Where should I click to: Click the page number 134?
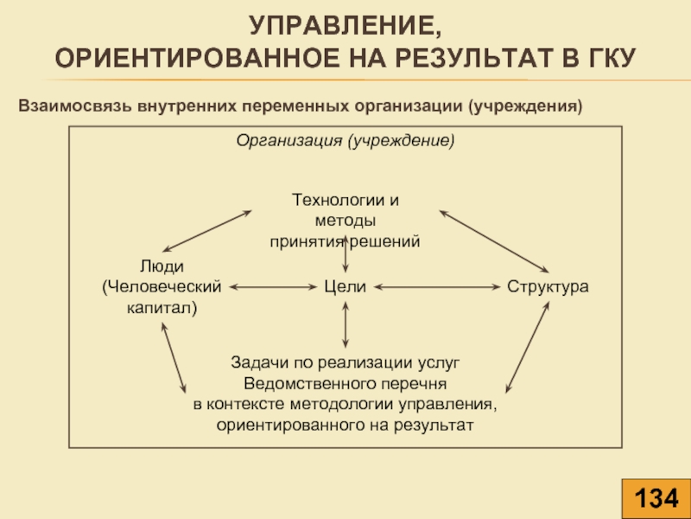coord(656,499)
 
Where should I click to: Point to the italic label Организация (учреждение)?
coord(345,141)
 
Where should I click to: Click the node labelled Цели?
coord(345,287)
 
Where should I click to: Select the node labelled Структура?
coord(548,287)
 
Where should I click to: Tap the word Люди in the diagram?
coord(162,266)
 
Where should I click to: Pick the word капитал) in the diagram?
coord(162,308)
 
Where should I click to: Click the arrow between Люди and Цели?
coord(273,287)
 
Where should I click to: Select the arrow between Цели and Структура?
coord(437,287)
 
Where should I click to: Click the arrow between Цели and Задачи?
coord(345,324)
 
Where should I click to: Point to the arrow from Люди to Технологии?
coord(207,231)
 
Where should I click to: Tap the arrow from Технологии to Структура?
coord(494,241)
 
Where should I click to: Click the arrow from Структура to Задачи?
coord(527,348)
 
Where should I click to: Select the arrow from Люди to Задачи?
coord(174,358)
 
